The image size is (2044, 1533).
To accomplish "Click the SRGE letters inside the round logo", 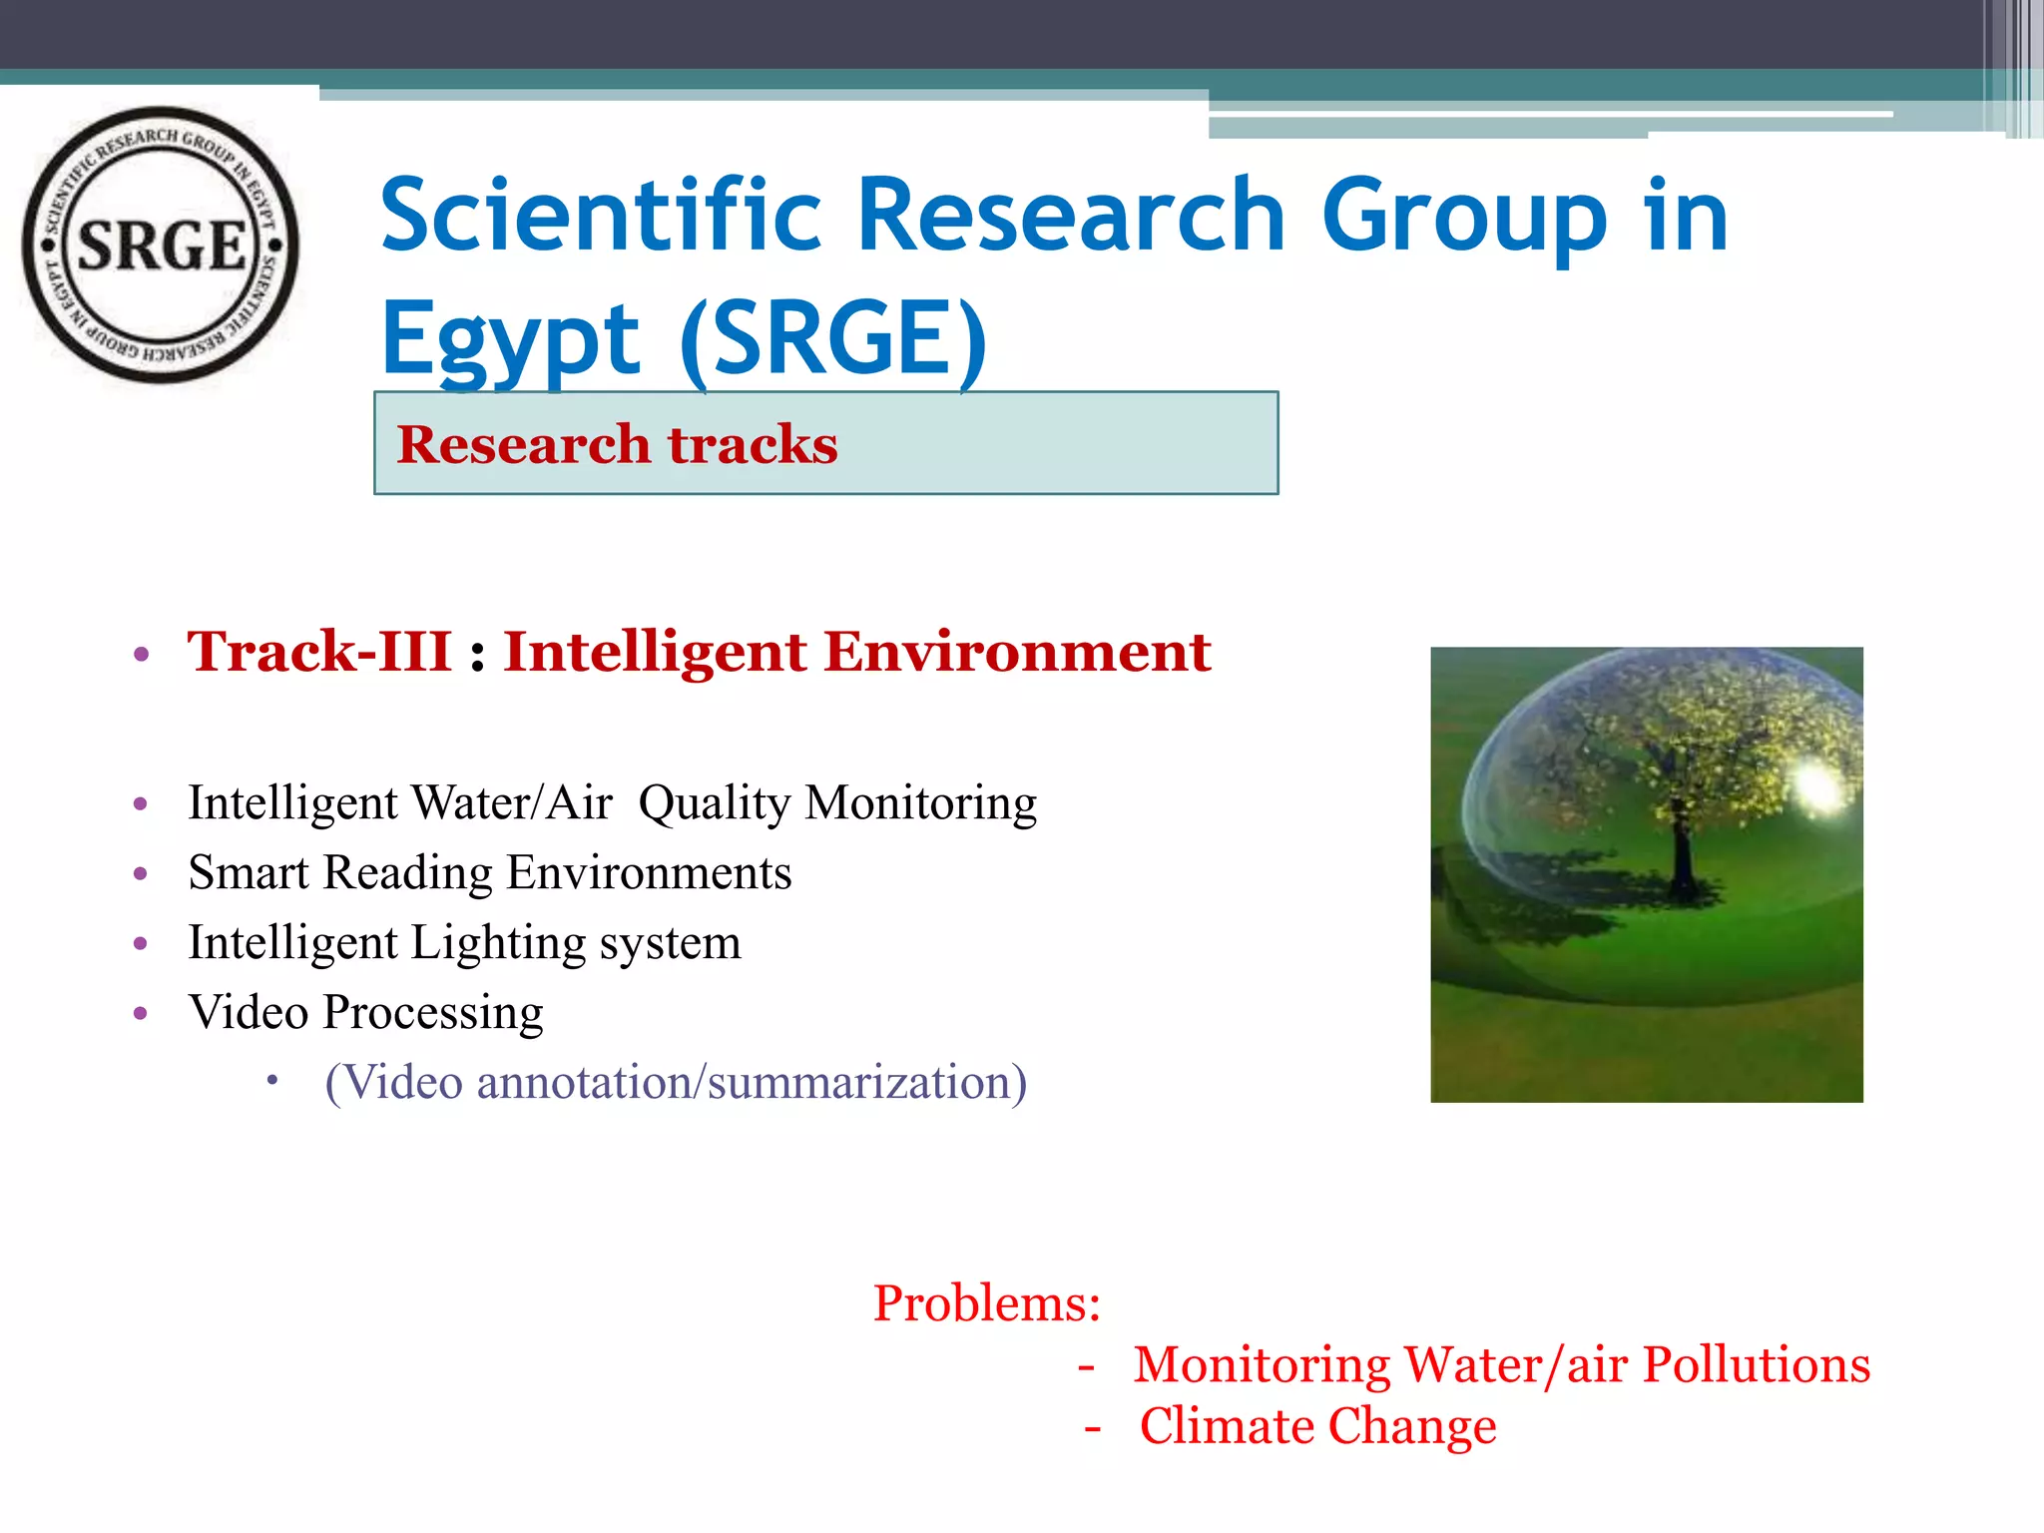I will [x=162, y=246].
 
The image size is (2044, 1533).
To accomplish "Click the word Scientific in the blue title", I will [x=601, y=216].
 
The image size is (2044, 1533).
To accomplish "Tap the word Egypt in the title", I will [x=510, y=340].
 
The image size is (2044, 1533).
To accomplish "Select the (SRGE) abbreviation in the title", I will [x=833, y=340].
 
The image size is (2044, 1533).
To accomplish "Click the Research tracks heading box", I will [x=825, y=443].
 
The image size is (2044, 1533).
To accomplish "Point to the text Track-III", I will [x=319, y=652].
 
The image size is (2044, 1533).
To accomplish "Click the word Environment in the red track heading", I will [x=1017, y=652].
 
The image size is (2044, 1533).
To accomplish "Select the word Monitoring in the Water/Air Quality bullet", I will [x=920, y=803].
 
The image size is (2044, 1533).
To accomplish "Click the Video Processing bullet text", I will [x=365, y=1013].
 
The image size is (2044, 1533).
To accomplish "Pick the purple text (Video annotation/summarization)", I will [x=676, y=1083].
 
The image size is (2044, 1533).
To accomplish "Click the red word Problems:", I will [x=986, y=1303].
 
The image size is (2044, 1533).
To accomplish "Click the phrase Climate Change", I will [x=1317, y=1426].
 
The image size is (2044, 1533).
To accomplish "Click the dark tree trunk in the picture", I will [x=1683, y=858].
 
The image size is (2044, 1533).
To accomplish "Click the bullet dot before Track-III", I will [x=141, y=655].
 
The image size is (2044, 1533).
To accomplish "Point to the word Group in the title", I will [x=1464, y=216].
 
